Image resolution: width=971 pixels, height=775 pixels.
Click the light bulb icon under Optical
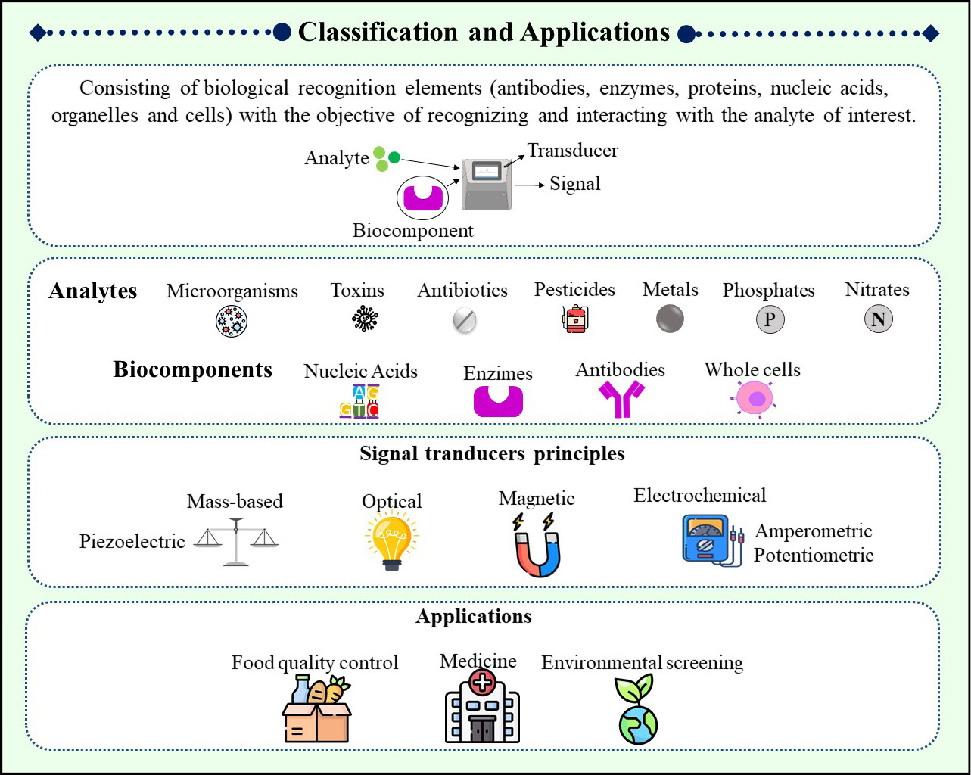pyautogui.click(x=391, y=543)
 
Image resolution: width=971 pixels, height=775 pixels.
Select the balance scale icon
pyautogui.click(x=236, y=542)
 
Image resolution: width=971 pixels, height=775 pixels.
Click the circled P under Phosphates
pyautogui.click(x=770, y=319)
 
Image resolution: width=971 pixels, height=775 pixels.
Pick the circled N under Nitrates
pyautogui.click(x=878, y=319)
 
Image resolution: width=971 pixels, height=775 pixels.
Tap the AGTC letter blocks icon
pyautogui.click(x=359, y=401)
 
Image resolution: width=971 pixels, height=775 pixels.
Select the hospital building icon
pyautogui.click(x=482, y=706)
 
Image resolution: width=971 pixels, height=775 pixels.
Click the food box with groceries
pyautogui.click(x=316, y=709)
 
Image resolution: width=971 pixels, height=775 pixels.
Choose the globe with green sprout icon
pyautogui.click(x=636, y=709)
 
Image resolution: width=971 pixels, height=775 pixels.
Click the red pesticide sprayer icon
pyautogui.click(x=575, y=319)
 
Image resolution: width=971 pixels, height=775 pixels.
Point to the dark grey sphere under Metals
pyautogui.click(x=670, y=319)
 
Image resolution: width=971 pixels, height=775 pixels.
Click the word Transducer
pyautogui.click(x=573, y=151)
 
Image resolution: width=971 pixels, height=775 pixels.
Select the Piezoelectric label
pyautogui.click(x=132, y=541)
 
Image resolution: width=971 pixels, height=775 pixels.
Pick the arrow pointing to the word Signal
pyautogui.click(x=530, y=185)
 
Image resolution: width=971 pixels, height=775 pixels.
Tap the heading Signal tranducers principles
pyautogui.click(x=492, y=453)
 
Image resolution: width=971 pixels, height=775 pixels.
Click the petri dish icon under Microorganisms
pyautogui.click(x=232, y=322)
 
